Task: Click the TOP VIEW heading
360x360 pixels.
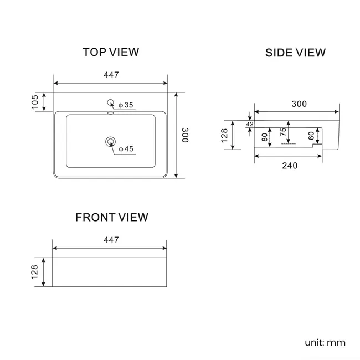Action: tap(111, 52)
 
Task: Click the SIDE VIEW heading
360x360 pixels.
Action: tap(296, 53)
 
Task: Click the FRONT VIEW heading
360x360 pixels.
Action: tap(112, 217)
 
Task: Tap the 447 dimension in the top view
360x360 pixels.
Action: tap(111, 75)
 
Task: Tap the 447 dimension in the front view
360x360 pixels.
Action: tap(111, 240)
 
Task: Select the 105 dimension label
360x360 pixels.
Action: tap(35, 102)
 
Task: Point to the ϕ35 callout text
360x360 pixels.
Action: tap(126, 105)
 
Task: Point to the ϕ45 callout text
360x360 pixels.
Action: tap(126, 149)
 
